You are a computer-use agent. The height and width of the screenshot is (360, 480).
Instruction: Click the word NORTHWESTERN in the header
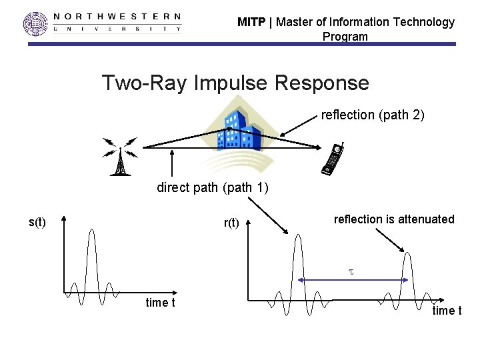tap(117, 16)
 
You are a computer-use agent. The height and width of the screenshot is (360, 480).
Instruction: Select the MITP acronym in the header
tap(251, 22)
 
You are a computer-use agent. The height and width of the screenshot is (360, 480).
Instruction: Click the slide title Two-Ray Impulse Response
tap(235, 83)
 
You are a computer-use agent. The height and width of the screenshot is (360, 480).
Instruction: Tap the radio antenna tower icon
tap(120, 157)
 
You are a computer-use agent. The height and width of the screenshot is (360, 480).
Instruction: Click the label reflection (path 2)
tap(372, 115)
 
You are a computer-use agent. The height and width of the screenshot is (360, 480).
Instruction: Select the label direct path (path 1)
tap(212, 187)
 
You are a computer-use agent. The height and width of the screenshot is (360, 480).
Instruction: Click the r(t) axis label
tap(231, 223)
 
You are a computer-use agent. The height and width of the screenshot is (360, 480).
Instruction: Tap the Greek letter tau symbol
tap(351, 272)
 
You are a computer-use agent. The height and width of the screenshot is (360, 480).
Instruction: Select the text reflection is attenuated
tap(393, 219)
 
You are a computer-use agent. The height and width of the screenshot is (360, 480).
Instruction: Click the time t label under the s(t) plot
tap(160, 303)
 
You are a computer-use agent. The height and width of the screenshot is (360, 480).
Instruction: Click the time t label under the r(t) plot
tap(447, 311)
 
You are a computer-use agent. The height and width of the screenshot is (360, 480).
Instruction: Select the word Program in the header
tap(345, 37)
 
